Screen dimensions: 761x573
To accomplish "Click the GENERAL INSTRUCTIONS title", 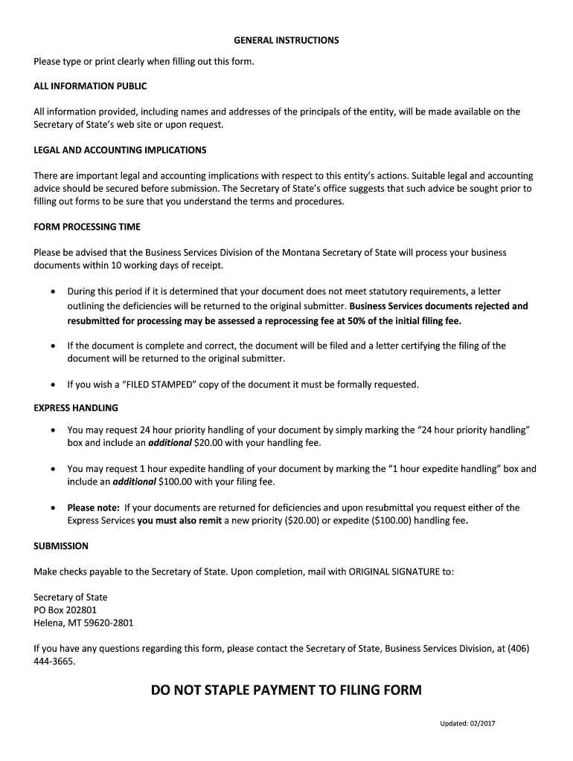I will (286, 40).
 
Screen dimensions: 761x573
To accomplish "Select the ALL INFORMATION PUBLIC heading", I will (90, 86).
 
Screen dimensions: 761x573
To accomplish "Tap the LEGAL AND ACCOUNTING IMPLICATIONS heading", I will (120, 150).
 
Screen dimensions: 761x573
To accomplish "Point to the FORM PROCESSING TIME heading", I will (87, 227).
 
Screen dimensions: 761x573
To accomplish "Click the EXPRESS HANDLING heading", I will (76, 408).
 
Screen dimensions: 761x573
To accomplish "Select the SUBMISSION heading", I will (61, 546).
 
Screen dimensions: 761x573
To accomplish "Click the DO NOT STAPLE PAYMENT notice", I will (286, 690).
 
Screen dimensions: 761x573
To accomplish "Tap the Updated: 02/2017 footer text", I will (467, 725).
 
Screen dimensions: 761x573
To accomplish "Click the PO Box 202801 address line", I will (65, 610).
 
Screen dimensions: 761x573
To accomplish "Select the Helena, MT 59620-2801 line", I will (83, 623).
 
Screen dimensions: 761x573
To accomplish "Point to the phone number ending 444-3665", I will (54, 661).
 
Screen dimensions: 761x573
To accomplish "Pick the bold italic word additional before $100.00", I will (134, 482).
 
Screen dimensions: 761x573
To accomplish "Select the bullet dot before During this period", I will (52, 292).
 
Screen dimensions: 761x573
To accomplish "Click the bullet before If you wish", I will (52, 384).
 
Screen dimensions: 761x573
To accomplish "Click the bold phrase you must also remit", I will (179, 520).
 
